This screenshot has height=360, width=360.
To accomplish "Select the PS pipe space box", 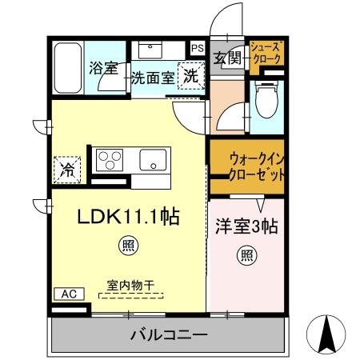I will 197,48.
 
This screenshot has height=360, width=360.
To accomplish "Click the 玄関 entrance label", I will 228,58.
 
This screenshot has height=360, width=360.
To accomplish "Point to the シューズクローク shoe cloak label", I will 266,54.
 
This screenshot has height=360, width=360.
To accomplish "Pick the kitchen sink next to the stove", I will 152,161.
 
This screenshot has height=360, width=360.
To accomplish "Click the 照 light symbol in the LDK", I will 127,246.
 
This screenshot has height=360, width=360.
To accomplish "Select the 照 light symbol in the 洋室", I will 246,256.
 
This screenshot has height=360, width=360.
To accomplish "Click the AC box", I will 69,294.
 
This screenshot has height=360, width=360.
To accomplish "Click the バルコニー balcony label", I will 169,334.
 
